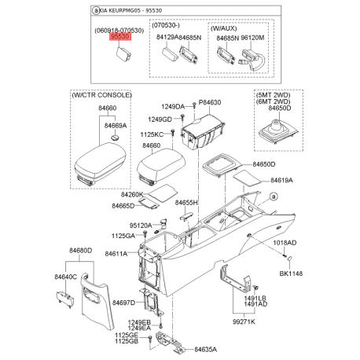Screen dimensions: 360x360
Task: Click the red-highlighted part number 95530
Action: tap(119, 36)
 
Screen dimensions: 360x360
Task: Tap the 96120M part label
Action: tap(252, 38)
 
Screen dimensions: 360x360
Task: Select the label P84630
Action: tap(210, 102)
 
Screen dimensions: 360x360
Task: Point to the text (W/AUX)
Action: tap(223, 28)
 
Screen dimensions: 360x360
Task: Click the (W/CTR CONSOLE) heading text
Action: tap(102, 95)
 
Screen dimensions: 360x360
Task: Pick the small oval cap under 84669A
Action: tap(115, 138)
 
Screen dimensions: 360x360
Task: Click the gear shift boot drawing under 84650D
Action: tap(278, 132)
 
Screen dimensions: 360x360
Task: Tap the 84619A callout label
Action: tap(281, 180)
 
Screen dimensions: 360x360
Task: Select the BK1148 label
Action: tap(291, 274)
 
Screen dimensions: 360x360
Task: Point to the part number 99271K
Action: tap(244, 321)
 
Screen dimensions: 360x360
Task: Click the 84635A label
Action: tap(205, 349)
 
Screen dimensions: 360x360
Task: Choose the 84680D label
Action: tap(81, 251)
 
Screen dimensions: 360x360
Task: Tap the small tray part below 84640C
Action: tap(65, 299)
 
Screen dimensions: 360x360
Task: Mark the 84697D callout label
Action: tap(123, 303)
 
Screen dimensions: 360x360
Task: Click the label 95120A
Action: tap(141, 226)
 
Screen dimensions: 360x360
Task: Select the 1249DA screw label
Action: tap(173, 106)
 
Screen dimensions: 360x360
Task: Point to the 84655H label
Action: tap(186, 203)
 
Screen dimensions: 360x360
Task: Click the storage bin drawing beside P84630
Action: tap(203, 132)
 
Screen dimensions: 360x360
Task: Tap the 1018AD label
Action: tap(285, 243)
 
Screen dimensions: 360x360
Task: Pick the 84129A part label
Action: tap(167, 37)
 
